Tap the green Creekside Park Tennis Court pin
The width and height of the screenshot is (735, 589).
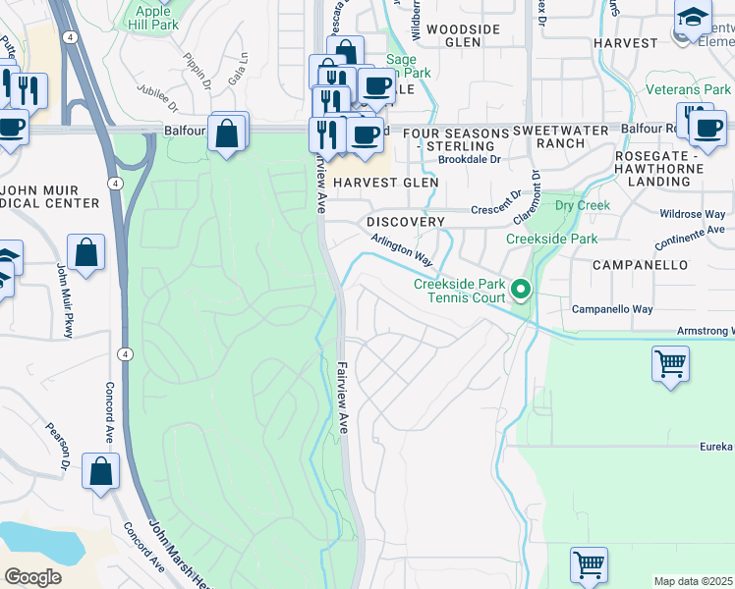(x=522, y=290)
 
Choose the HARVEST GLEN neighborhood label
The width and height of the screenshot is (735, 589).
(x=384, y=183)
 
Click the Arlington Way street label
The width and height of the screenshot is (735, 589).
(x=401, y=250)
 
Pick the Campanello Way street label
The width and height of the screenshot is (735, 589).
(x=613, y=309)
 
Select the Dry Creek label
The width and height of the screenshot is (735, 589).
(x=582, y=206)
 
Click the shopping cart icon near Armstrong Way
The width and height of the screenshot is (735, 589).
(x=670, y=364)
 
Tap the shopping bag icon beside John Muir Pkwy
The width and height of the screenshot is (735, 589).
(x=86, y=253)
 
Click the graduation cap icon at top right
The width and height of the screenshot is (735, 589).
(x=692, y=17)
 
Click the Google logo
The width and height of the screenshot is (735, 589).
(x=32, y=577)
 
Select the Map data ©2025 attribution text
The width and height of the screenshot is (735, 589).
(x=693, y=581)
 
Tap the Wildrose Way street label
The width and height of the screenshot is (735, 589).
(x=694, y=214)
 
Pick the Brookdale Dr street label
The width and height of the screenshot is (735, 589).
(x=469, y=159)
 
